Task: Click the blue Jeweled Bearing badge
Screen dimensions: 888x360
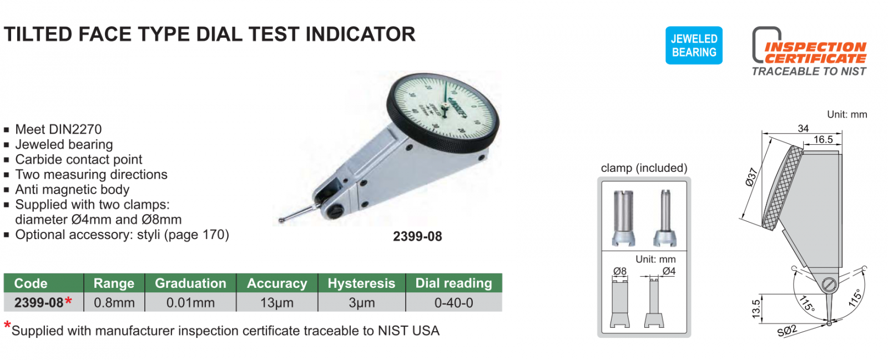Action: [x=694, y=45]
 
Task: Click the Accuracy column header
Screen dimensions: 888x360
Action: [x=277, y=283]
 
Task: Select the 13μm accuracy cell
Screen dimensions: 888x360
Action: [x=277, y=302]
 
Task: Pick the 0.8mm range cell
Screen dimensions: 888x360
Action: [x=114, y=302]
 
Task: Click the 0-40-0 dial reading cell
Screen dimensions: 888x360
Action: [x=453, y=302]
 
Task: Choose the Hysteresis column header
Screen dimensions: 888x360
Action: [x=361, y=283]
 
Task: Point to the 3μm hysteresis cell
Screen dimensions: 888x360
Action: [x=361, y=302]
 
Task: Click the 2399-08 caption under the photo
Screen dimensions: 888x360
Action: [x=417, y=236]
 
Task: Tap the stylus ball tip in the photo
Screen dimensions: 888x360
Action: [x=281, y=220]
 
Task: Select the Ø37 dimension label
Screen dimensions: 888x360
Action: [x=751, y=177]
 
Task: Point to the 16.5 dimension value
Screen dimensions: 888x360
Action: [x=823, y=139]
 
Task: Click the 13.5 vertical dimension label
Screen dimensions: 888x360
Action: [x=756, y=309]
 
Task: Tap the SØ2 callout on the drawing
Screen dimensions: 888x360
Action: [x=787, y=331]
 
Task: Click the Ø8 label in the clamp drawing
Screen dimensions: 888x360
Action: [x=619, y=271]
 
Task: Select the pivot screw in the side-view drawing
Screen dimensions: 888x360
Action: [x=829, y=285]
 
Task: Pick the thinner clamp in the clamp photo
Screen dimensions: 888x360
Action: [x=665, y=218]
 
